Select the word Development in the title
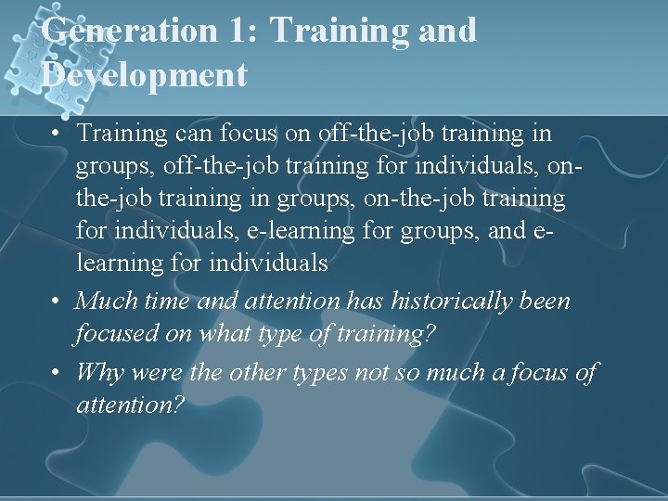click(145, 75)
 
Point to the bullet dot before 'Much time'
click(58, 302)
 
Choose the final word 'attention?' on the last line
click(132, 405)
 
